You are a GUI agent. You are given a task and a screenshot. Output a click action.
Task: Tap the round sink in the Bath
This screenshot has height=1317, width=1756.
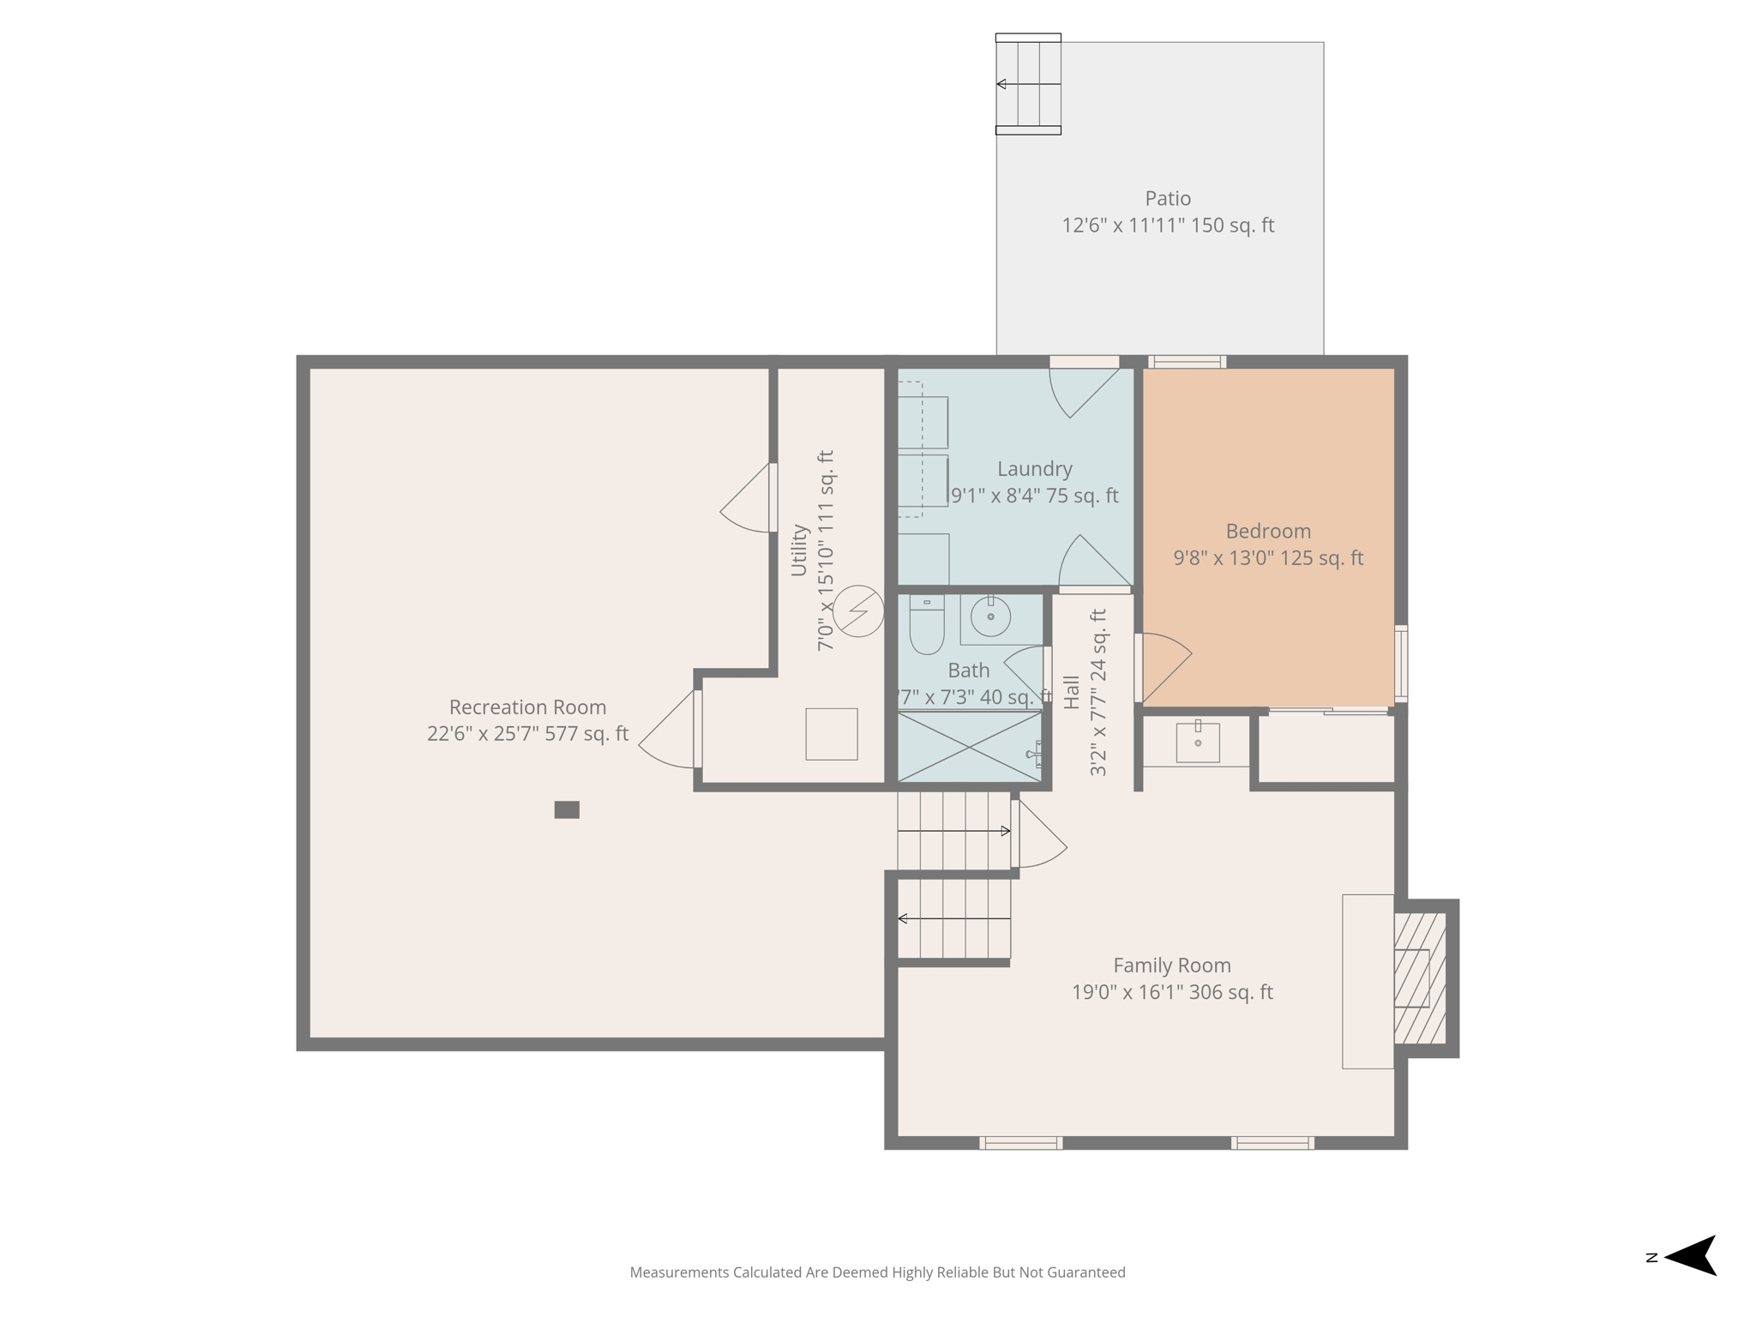click(x=990, y=616)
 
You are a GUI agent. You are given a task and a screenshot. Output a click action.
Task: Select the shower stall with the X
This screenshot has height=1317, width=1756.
click(x=969, y=747)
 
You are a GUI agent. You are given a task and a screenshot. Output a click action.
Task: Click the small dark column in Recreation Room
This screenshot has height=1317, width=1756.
click(x=567, y=809)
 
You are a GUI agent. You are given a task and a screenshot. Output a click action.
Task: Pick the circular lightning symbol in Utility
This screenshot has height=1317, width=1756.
click(x=858, y=610)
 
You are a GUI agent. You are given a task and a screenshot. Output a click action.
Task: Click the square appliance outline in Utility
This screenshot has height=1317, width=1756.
click(x=831, y=734)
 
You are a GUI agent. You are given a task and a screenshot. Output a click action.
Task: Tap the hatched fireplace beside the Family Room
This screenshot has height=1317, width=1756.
click(x=1421, y=977)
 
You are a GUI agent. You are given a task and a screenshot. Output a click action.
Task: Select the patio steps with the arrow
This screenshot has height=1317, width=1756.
click(x=1028, y=84)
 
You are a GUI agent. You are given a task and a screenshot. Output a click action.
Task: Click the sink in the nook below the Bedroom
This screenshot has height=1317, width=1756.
click(x=1197, y=742)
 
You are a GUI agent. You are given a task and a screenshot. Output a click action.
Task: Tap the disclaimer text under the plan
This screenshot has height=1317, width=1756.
click(x=877, y=1272)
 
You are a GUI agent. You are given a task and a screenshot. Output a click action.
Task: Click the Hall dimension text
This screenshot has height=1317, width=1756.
click(x=1097, y=693)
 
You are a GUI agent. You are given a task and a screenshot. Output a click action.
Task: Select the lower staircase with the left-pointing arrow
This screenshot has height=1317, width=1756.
click(x=953, y=918)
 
